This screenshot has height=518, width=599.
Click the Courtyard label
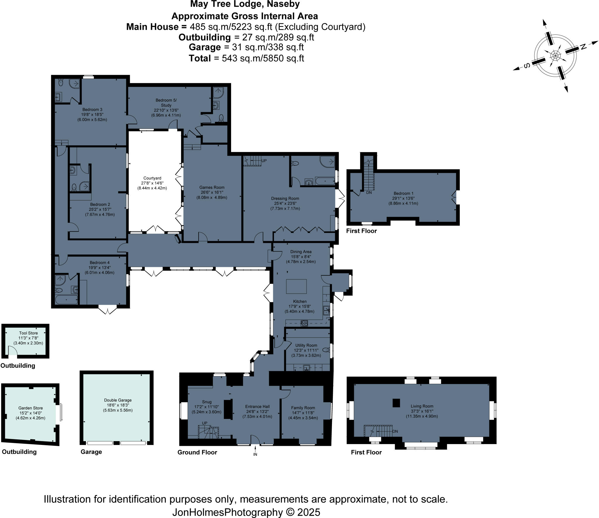point(152,178)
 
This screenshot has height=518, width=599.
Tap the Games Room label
point(212,187)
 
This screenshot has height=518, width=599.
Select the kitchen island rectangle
point(296,286)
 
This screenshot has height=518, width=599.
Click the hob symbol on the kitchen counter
point(304,323)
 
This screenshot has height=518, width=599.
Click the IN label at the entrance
point(255,454)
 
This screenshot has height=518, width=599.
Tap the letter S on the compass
point(526,66)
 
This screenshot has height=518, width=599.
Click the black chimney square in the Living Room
point(396,403)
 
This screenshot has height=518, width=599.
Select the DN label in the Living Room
point(395,431)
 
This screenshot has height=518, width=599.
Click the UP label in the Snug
point(204,423)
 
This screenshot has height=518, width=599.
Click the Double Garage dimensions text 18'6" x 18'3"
point(118,405)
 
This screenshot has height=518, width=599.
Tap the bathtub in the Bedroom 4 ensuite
point(66,300)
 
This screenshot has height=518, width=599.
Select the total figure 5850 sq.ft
point(284,58)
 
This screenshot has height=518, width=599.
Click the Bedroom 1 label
point(403,193)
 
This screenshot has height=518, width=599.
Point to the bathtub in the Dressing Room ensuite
point(325,182)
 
